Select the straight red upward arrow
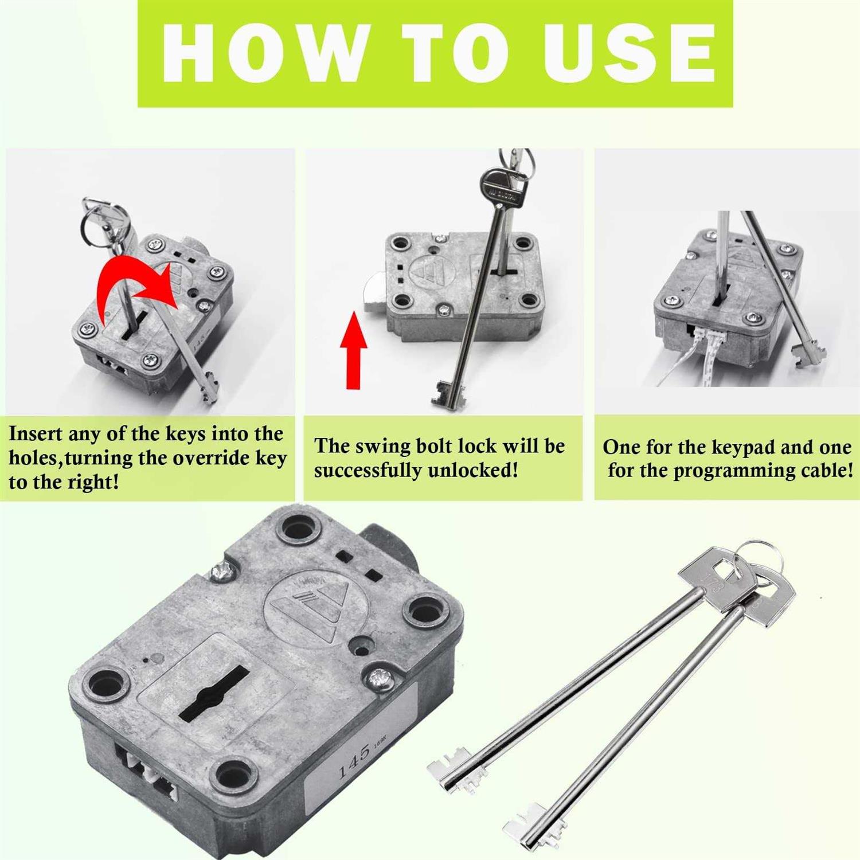[x=354, y=350]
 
